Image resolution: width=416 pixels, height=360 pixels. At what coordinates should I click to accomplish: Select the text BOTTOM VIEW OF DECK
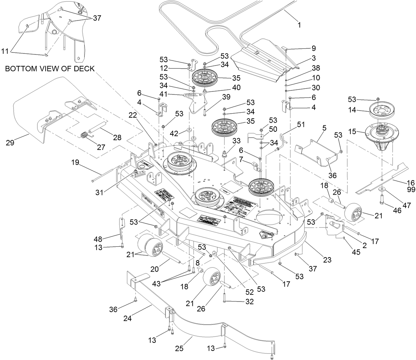tap(50, 69)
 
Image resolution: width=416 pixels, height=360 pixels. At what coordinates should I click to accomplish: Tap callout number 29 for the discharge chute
tap(10, 143)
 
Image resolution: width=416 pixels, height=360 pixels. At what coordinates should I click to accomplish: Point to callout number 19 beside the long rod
tap(75, 162)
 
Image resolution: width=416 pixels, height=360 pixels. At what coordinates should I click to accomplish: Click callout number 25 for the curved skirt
tap(179, 349)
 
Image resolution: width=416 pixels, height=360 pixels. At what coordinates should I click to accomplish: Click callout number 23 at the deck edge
tap(327, 259)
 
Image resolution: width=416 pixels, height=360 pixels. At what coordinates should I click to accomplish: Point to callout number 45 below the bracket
tap(356, 252)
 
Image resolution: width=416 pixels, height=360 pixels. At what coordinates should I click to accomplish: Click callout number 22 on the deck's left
tap(133, 115)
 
